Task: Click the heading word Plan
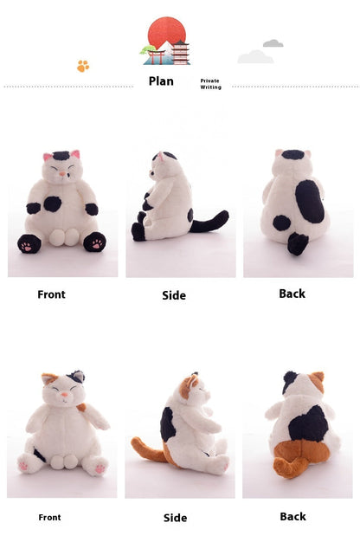[x=161, y=81]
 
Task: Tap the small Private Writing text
[x=210, y=84]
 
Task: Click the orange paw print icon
[x=83, y=66]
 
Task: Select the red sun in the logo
[x=165, y=33]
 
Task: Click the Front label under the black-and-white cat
[x=51, y=294]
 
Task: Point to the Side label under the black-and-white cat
[x=174, y=295]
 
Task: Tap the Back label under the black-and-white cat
[x=292, y=294]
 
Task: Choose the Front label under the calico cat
[x=49, y=518]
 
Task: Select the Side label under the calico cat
[x=175, y=518]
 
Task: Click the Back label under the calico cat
[x=292, y=517]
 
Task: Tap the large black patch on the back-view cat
[x=309, y=201]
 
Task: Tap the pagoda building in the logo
[x=180, y=53]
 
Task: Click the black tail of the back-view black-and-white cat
[x=297, y=243]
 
